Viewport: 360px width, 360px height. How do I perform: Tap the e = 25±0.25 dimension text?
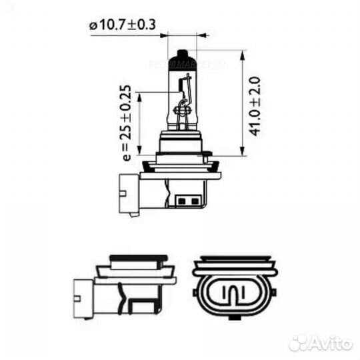126,124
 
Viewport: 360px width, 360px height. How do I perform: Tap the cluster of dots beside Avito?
300,343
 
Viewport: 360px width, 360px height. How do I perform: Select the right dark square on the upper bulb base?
193,199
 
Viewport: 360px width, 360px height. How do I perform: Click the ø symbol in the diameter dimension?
91,26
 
